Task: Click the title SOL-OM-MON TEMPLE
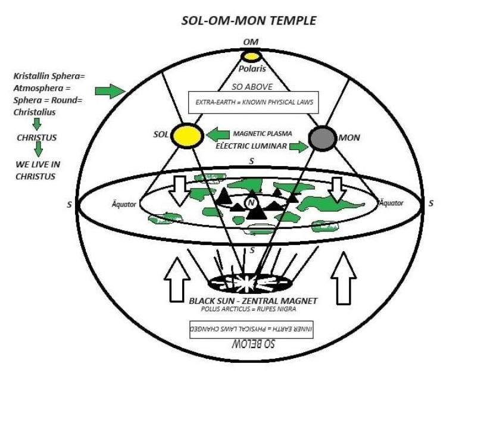tap(248, 21)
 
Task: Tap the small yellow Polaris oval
tap(251, 57)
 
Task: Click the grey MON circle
tap(323, 138)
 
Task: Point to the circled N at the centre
tap(251, 203)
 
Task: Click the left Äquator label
tap(124, 204)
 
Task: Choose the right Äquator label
tap(391, 203)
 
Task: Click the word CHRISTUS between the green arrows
tap(36, 137)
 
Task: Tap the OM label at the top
tap(251, 43)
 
